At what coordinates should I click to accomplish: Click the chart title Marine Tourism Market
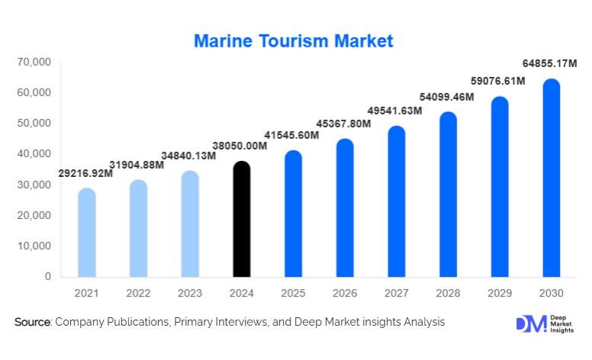tap(294, 40)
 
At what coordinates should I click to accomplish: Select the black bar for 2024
tap(242, 221)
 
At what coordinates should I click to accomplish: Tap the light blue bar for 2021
tap(87, 233)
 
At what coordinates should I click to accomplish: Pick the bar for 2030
tap(551, 179)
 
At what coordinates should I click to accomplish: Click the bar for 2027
tap(397, 203)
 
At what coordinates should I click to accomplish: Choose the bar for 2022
tap(138, 230)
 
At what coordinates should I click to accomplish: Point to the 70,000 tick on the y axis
tap(34, 62)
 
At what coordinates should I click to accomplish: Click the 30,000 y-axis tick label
tap(34, 185)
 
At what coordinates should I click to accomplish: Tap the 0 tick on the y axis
tap(47, 277)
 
